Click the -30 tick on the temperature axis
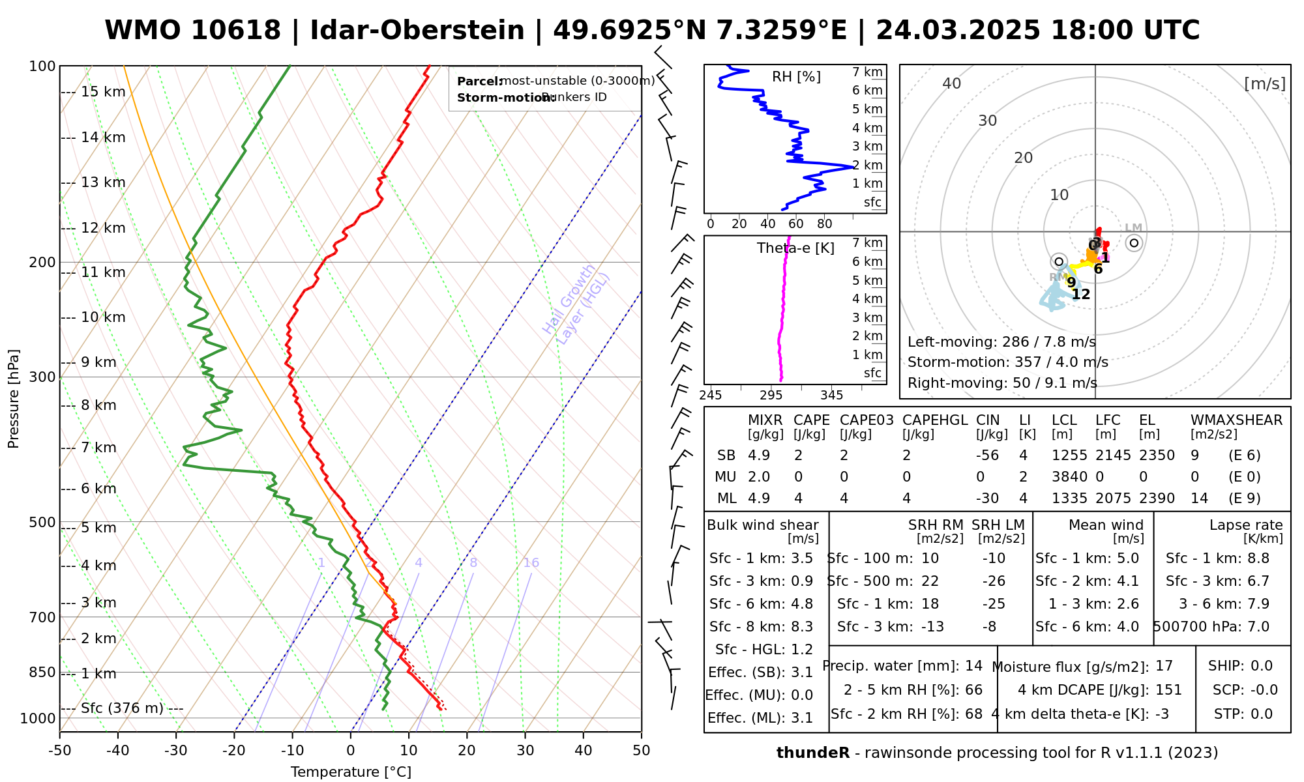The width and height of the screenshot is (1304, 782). click(x=176, y=751)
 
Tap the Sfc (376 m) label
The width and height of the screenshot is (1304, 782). click(x=122, y=708)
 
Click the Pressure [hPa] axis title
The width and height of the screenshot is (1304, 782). click(x=13, y=399)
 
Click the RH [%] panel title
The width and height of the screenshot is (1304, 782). click(x=796, y=77)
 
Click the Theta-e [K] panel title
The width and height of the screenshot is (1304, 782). click(x=795, y=248)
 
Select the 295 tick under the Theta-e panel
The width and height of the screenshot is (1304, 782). click(x=771, y=395)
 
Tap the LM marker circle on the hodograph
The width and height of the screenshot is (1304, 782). click(x=1134, y=243)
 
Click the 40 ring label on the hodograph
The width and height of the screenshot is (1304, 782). click(x=952, y=83)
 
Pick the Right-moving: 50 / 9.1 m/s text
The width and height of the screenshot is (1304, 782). click(x=1002, y=383)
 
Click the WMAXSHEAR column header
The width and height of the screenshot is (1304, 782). click(x=1236, y=420)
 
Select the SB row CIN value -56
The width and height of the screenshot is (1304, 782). click(x=988, y=456)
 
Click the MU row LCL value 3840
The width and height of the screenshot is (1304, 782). click(x=1069, y=477)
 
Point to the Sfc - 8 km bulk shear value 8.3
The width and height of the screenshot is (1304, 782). click(x=801, y=627)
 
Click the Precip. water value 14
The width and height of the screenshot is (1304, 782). click(x=973, y=666)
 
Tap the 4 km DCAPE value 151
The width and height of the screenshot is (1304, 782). click(x=1168, y=690)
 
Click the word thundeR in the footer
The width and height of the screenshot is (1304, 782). click(x=812, y=753)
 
